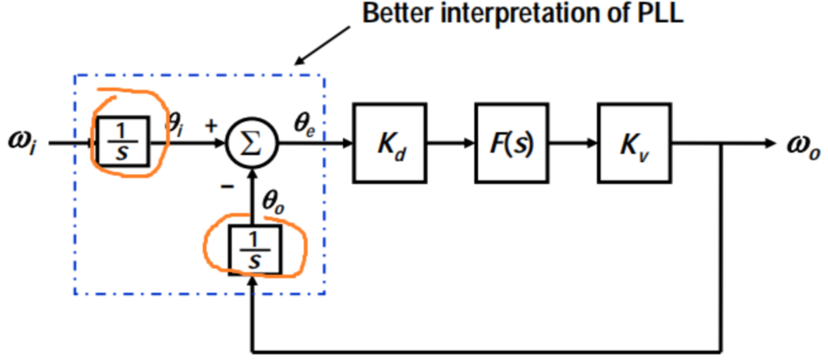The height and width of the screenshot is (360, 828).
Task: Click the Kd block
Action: [x=390, y=143]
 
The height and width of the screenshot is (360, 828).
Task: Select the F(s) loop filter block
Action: [x=509, y=143]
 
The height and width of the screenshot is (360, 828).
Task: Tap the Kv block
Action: [x=633, y=143]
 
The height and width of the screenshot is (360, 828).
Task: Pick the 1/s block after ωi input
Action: [x=124, y=141]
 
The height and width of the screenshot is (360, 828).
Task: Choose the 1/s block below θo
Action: [x=254, y=250]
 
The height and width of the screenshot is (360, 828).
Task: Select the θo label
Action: [x=273, y=203]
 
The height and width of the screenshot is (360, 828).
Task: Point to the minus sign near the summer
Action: [x=225, y=187]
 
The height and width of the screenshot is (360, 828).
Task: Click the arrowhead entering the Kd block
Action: [x=348, y=143]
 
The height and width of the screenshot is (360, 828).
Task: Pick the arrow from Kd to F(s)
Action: [x=450, y=143]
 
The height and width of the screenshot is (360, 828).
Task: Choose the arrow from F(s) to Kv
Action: [x=571, y=143]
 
